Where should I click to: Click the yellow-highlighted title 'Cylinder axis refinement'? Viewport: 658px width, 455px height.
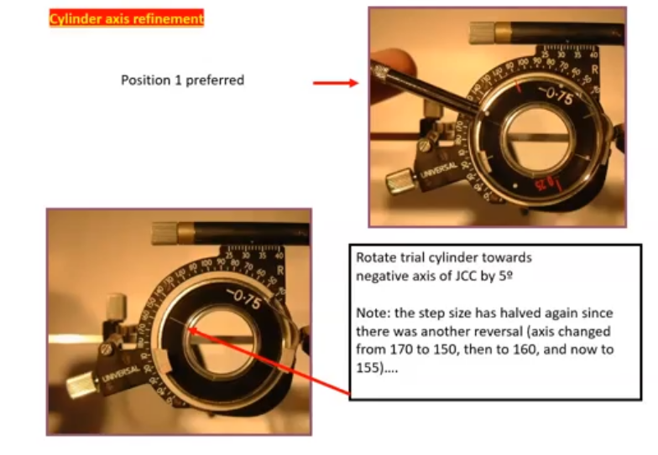point(126,18)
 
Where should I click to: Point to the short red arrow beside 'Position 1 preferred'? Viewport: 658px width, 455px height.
point(335,83)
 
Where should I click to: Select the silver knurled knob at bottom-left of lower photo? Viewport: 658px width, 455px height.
point(81,385)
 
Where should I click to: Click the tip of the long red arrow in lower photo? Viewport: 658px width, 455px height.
point(191,330)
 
